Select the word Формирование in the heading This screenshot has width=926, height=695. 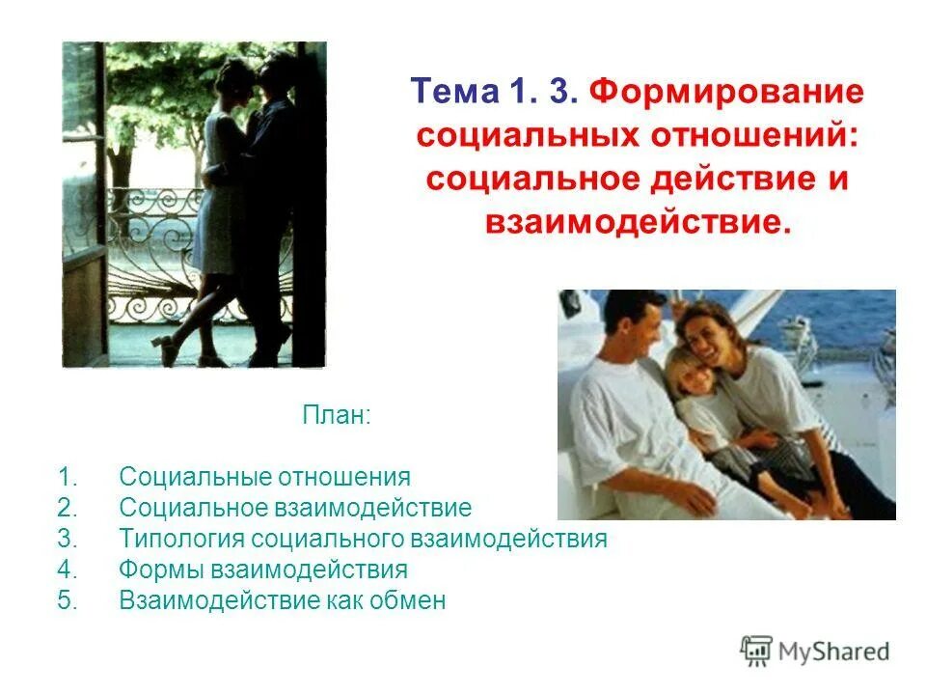click(x=725, y=94)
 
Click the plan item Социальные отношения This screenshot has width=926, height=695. click(x=264, y=477)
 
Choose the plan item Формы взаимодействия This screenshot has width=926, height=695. click(x=262, y=570)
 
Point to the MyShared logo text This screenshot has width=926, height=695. click(x=834, y=652)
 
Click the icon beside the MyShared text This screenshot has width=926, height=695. click(x=756, y=652)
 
